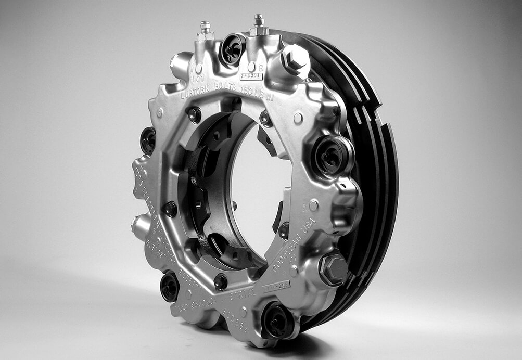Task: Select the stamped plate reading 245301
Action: (251, 76)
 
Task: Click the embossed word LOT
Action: (198, 80)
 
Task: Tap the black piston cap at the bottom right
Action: (276, 320)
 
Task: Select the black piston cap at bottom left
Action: (170, 287)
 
